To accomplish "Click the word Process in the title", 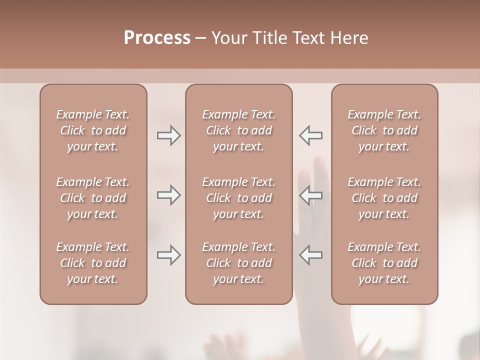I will (157, 38).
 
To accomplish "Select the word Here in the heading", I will (348, 38).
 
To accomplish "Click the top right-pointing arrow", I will (169, 135).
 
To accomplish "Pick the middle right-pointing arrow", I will (169, 195).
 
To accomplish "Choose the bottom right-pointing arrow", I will (169, 255).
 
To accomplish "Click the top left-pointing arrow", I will (310, 135).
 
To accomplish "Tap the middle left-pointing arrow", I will (310, 195).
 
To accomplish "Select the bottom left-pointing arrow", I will (310, 255).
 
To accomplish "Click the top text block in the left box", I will (93, 130).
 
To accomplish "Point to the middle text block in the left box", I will (93, 198).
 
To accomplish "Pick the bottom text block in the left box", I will (93, 263).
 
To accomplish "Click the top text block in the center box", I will (238, 130).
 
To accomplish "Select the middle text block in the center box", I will (238, 198).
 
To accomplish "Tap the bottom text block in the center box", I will (238, 263).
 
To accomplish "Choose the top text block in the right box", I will (384, 130).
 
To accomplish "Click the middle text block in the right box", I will (384, 198).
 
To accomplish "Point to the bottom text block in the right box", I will (384, 263).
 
